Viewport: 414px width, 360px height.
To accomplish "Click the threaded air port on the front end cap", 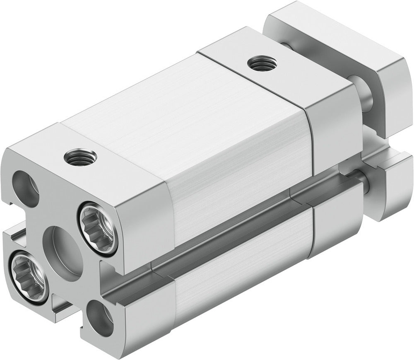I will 80,157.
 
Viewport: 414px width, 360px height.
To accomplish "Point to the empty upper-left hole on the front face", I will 25,187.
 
